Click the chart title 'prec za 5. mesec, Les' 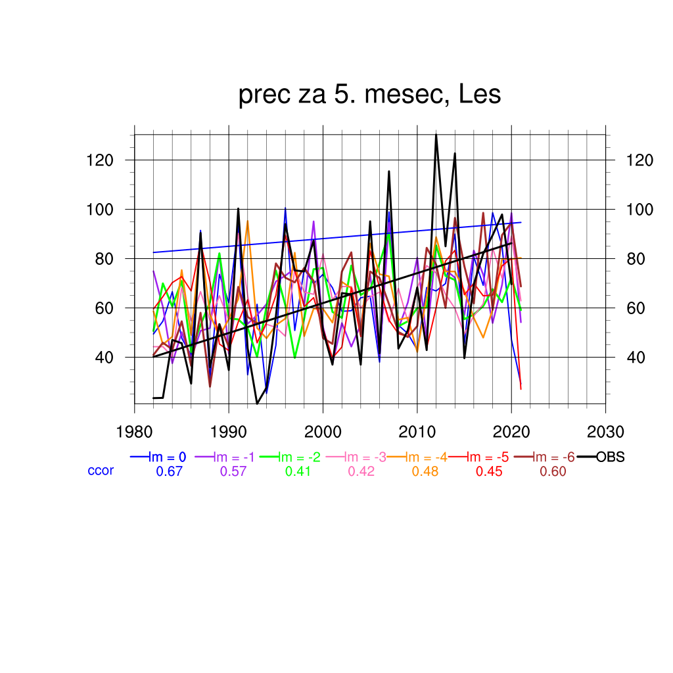click(369, 95)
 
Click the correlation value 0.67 click(168, 471)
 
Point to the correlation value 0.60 click(553, 471)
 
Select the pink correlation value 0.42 click(361, 471)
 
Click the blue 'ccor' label click(101, 471)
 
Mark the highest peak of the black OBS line click(436, 135)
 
